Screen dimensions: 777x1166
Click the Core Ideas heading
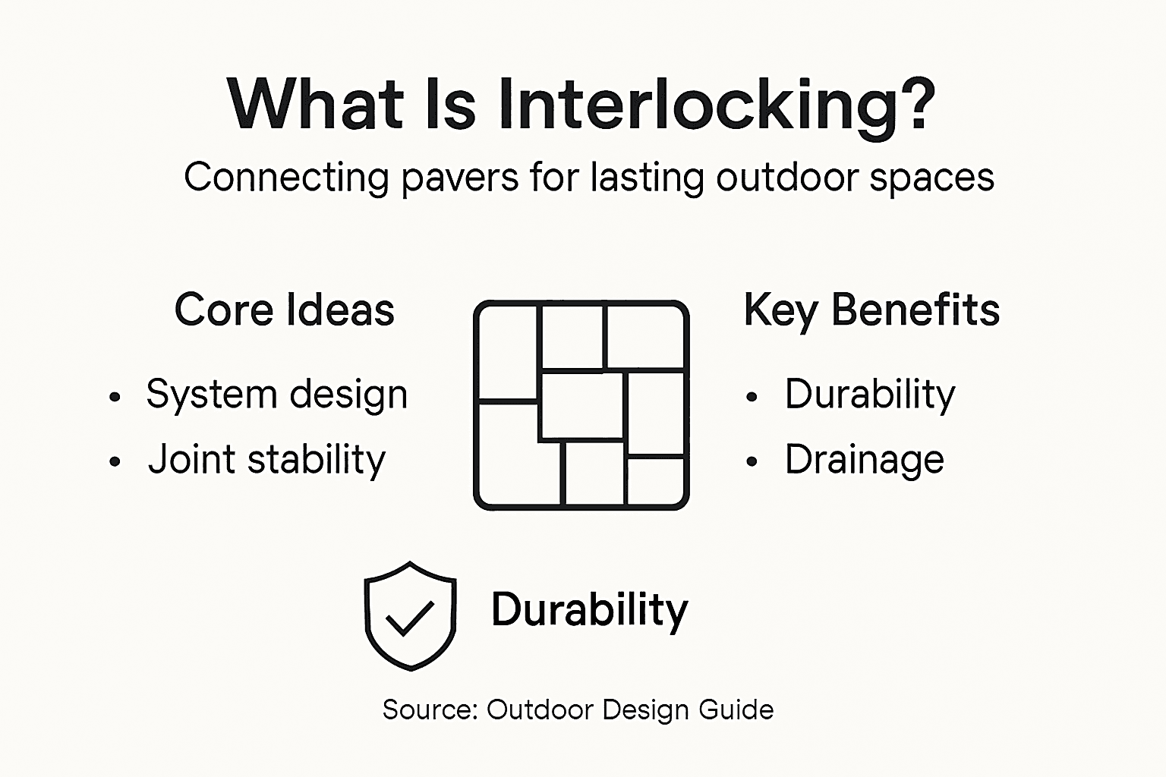tap(285, 310)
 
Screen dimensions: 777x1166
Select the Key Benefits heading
tap(871, 310)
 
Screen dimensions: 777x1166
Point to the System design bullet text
tap(277, 395)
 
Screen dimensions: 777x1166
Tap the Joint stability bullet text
tap(266, 460)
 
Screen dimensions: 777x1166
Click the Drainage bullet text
tap(865, 460)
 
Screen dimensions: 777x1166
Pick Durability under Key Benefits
tap(870, 395)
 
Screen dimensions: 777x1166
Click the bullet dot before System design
tap(115, 397)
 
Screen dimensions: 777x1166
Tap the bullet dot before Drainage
tap(752, 461)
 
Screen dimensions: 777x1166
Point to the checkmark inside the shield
tap(410, 617)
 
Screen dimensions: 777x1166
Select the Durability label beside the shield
tap(590, 610)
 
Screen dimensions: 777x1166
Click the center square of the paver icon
tap(581, 406)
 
